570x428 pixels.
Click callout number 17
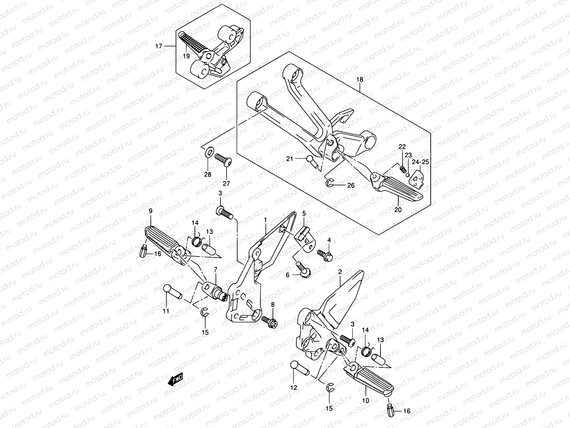[159, 46]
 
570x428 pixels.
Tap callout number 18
[359, 79]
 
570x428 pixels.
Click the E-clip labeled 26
[330, 183]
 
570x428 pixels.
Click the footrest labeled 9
[165, 241]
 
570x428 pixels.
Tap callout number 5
[304, 214]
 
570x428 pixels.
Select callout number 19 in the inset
[186, 56]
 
